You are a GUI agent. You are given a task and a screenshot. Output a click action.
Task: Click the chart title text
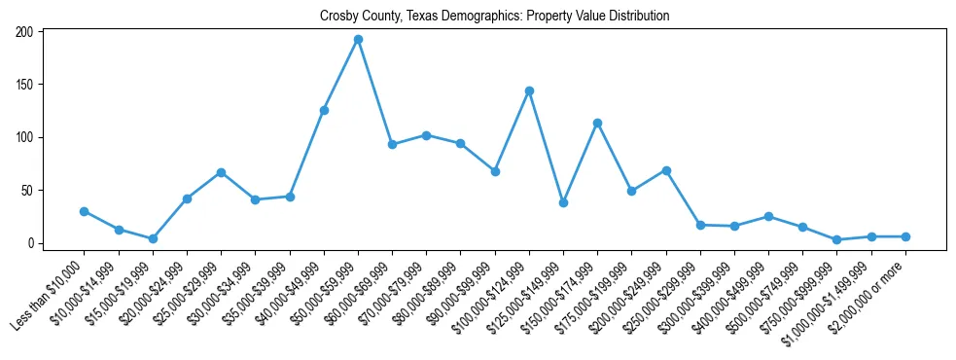495,17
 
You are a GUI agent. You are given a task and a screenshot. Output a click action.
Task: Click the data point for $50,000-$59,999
358,40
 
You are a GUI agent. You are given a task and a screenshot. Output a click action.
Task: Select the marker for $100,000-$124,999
529,90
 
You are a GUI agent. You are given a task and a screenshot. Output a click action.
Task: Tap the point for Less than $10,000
85,211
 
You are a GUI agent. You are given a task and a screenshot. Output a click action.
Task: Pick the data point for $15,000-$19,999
153,238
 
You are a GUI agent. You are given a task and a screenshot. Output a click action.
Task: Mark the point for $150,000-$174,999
597,123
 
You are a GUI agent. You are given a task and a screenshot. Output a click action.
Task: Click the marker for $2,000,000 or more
905,236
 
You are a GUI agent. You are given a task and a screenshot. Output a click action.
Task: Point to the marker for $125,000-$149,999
563,202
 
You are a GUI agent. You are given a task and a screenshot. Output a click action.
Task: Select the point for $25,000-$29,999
221,172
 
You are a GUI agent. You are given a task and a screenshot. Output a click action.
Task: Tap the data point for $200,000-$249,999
666,170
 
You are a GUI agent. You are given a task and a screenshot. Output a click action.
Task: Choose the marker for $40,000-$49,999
324,110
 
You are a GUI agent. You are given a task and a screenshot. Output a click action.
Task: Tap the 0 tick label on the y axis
32,243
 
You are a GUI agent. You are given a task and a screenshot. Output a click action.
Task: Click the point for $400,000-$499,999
768,216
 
